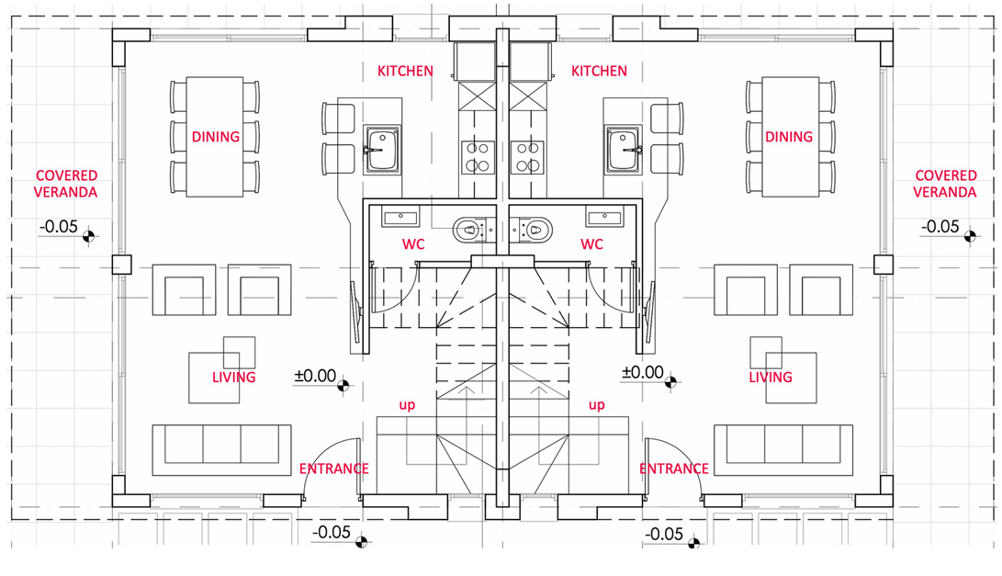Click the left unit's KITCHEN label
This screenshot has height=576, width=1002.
(405, 71)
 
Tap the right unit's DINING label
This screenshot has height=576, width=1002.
(789, 137)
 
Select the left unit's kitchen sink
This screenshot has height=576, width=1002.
(382, 151)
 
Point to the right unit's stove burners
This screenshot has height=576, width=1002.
(527, 157)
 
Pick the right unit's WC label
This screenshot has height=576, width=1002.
(591, 244)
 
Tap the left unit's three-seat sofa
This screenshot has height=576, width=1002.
(221, 450)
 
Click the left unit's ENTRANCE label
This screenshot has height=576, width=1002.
(333, 469)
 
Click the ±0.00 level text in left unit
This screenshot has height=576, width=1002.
(315, 375)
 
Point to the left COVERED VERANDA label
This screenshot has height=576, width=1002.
(66, 184)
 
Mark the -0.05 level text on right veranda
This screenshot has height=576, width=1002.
(940, 226)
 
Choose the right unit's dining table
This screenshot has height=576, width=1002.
(791, 137)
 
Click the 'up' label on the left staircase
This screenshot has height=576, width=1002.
(407, 405)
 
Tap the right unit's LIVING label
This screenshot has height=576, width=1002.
(770, 378)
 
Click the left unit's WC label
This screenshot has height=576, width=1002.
(413, 244)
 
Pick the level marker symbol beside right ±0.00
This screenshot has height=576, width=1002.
(670, 382)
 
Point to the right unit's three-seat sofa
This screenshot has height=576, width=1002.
(782, 450)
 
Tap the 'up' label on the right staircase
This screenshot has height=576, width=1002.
(596, 405)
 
